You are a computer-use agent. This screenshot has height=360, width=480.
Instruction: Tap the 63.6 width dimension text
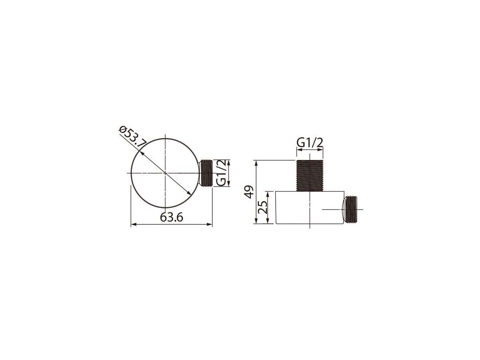point(171,217)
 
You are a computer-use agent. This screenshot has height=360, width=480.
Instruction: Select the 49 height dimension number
point(249,192)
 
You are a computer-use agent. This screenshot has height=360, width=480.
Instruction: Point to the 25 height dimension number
point(262,207)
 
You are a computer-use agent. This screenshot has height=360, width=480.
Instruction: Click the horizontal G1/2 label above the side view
point(310,143)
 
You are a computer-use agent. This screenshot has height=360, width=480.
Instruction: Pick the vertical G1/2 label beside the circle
point(221,173)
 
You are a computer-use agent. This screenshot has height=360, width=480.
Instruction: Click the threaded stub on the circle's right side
point(205,173)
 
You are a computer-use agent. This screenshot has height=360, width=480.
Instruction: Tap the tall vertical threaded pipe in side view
point(310,176)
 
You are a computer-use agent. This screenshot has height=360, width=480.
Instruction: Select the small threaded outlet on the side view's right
point(349,209)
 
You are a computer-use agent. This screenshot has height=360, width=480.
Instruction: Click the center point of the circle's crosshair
point(165,173)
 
